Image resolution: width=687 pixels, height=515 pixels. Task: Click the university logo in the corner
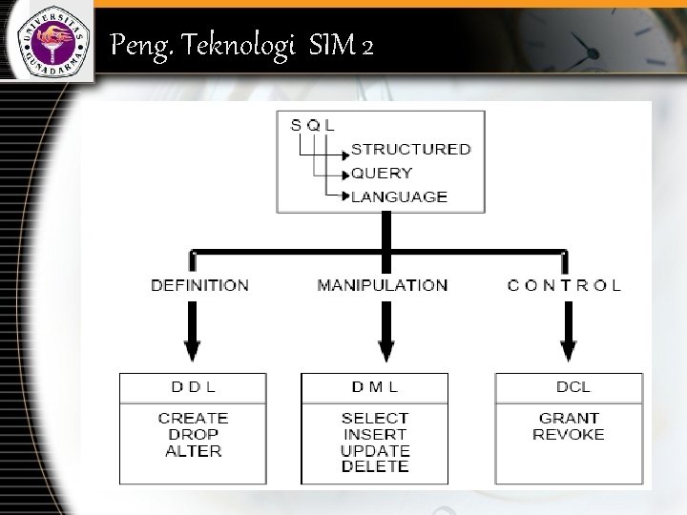click(x=47, y=40)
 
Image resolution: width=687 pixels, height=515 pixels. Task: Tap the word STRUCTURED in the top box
click(x=410, y=149)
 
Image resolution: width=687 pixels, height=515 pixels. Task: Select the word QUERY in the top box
click(x=382, y=173)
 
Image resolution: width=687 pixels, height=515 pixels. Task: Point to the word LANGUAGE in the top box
click(x=399, y=196)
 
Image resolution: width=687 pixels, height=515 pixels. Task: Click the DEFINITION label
click(x=199, y=284)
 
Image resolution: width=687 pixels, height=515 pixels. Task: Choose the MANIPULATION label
click(x=382, y=284)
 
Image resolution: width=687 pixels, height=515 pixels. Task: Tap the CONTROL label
click(x=564, y=284)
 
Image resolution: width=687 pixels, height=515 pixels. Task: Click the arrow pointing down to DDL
click(x=192, y=339)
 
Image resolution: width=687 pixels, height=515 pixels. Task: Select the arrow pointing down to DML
click(x=385, y=339)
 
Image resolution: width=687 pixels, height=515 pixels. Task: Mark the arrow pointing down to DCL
click(x=569, y=339)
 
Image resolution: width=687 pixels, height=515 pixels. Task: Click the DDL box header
click(x=192, y=387)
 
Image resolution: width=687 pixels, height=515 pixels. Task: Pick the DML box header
click(x=374, y=387)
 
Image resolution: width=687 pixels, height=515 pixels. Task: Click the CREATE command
click(x=193, y=418)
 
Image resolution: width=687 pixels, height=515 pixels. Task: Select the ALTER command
click(x=193, y=450)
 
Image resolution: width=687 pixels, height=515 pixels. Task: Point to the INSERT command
click(x=375, y=434)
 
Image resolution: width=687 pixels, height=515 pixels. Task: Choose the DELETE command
click(x=375, y=466)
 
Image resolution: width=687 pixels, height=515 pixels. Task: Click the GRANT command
click(x=569, y=418)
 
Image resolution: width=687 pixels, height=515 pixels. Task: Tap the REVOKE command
click(x=569, y=434)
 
